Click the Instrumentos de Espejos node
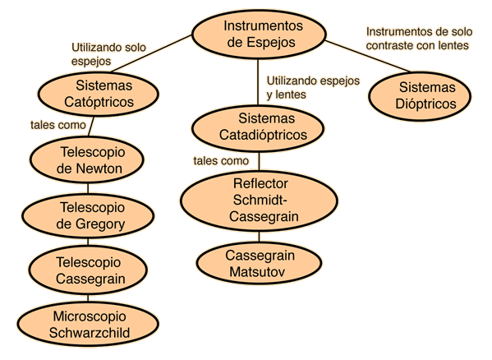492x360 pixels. click(x=260, y=35)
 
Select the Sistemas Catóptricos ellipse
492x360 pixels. click(x=99, y=94)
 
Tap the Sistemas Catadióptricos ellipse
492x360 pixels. click(x=258, y=128)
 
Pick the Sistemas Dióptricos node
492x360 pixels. click(x=420, y=96)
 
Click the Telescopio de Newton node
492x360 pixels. click(x=87, y=159)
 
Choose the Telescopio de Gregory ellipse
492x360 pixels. click(x=88, y=216)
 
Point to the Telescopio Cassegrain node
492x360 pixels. click(x=88, y=270)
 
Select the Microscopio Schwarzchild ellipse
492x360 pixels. click(x=88, y=324)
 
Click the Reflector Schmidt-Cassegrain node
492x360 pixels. click(x=260, y=201)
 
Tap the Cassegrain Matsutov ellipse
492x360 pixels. click(x=260, y=263)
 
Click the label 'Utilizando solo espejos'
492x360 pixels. click(x=108, y=54)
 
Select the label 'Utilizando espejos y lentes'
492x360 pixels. click(x=313, y=88)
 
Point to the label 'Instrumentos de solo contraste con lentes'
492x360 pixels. click(x=419, y=39)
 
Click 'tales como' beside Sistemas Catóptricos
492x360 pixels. click(x=58, y=125)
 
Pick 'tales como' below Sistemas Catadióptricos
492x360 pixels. click(x=221, y=161)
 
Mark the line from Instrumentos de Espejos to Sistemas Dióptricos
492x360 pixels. click(x=368, y=57)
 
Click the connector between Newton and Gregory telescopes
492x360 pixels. click(x=88, y=188)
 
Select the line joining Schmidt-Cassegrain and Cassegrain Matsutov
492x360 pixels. click(x=260, y=237)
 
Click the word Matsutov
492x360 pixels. click(x=257, y=272)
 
